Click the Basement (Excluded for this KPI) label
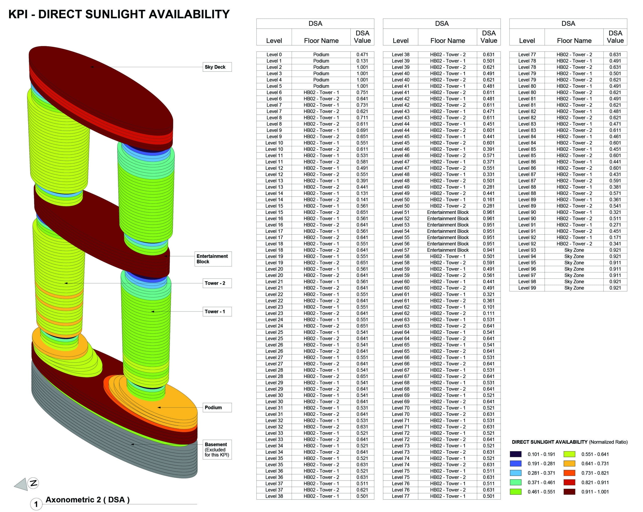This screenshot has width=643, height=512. [217, 449]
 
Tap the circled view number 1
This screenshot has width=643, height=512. [36, 504]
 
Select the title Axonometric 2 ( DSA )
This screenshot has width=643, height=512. [87, 500]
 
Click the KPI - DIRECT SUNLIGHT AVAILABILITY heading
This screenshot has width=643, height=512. [119, 14]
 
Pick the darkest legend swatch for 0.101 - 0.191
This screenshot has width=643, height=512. [516, 454]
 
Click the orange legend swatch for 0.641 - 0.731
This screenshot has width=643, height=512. [569, 463]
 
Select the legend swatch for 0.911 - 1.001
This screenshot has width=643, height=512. [569, 492]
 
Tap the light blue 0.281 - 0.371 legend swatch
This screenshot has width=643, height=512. [516, 473]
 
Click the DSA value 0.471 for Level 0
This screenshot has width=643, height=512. [362, 55]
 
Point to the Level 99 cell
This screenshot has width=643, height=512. [527, 288]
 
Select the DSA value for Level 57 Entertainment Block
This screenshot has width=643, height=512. [489, 250]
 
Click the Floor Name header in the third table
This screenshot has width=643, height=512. [574, 40]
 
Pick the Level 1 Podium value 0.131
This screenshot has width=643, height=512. [362, 61]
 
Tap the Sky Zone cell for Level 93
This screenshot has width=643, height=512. [574, 250]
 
